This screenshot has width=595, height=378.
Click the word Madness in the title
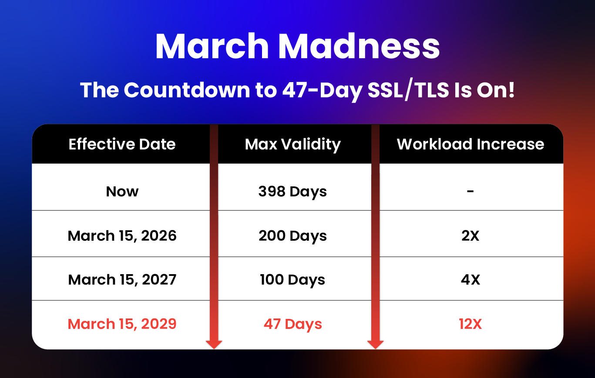click(x=359, y=46)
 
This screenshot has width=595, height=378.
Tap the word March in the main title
click(x=212, y=46)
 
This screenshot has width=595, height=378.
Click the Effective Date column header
click(x=122, y=144)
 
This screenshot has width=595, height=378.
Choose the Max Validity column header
click(x=293, y=145)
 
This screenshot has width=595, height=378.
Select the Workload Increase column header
click(x=471, y=144)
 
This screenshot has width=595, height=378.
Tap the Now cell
click(x=122, y=191)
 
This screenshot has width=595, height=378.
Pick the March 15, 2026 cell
click(x=122, y=235)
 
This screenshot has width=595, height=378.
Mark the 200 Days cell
click(x=292, y=236)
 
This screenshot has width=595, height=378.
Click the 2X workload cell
click(x=470, y=235)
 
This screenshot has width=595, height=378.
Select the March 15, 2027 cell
click(x=122, y=280)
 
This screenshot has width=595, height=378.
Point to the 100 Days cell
click(x=292, y=280)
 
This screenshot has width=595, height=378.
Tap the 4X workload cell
click(x=470, y=280)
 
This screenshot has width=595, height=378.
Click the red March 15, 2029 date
click(x=122, y=324)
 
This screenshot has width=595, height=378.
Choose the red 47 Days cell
click(x=292, y=325)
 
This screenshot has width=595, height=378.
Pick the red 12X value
click(x=470, y=324)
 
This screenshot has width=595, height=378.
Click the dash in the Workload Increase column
click(x=470, y=191)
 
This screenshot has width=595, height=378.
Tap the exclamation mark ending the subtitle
click(x=511, y=90)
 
